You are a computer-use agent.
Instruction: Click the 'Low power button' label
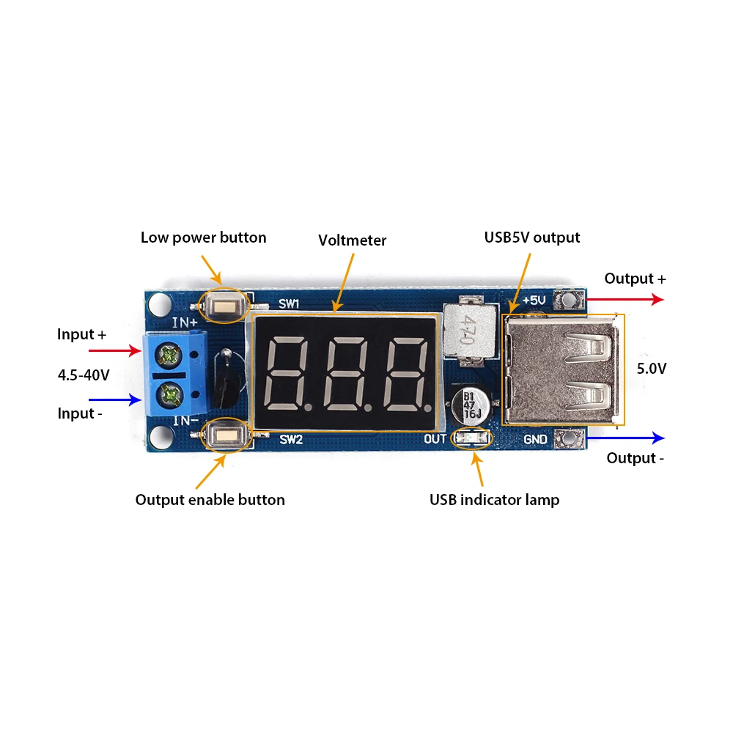[203, 237]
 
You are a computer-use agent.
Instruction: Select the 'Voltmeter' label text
[352, 240]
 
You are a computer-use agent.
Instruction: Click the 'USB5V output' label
[531, 237]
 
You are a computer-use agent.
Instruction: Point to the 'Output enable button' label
[210, 500]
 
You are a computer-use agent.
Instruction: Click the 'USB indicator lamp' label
[494, 500]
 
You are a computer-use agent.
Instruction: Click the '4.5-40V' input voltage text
[84, 375]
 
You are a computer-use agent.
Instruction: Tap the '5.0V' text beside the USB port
[652, 369]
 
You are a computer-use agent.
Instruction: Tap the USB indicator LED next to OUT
[471, 438]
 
